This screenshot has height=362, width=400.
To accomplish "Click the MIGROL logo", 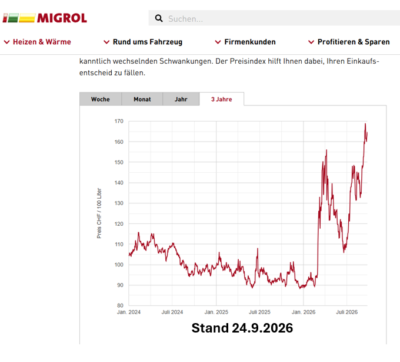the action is [45, 18].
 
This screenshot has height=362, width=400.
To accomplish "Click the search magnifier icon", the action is [159, 18].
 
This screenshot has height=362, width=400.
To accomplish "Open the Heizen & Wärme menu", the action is [37, 42].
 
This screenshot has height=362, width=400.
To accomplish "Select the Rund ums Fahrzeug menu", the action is [143, 42].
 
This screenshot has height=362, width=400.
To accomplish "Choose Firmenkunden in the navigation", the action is [245, 42].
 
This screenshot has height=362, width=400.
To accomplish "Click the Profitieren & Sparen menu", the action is [349, 42].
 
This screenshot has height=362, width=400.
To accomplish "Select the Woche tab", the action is [101, 99].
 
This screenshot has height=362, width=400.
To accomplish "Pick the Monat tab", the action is [142, 99].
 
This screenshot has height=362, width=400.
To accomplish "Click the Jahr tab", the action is [181, 99].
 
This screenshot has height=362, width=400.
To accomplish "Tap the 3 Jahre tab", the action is [221, 99].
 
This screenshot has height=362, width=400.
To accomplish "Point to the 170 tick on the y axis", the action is [119, 121].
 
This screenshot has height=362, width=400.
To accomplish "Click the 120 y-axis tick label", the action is [119, 224].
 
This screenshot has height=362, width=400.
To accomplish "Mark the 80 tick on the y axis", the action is [120, 305].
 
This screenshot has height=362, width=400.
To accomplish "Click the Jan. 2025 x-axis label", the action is [216, 312].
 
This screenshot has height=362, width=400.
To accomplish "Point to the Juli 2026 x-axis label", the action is [346, 312].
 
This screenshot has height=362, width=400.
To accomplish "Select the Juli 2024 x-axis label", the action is [172, 312].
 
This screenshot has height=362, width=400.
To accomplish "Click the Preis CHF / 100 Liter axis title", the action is [99, 213].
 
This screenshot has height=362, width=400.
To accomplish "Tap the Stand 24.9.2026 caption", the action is [242, 328].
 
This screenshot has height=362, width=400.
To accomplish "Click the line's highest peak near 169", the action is [365, 124].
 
